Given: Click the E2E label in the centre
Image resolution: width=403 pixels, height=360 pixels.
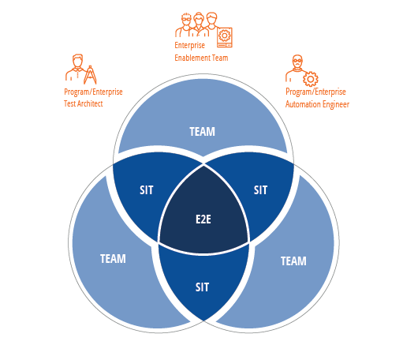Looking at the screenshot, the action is point(203,219).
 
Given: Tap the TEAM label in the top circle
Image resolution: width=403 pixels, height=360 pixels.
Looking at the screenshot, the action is point(202,132).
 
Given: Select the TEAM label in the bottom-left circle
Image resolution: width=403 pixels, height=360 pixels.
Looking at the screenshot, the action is point(113,259).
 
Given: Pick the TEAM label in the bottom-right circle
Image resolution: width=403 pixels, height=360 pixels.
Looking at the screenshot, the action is point(293,261).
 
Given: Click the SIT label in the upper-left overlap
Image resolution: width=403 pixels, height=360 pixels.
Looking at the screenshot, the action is point(146,190).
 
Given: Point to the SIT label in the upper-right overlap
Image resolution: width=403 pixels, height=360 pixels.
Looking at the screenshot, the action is point(260,190).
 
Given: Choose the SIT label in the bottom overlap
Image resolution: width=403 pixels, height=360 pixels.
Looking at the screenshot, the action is point(202,287).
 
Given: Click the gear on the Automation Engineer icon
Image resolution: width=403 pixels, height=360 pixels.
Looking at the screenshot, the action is point(311,79).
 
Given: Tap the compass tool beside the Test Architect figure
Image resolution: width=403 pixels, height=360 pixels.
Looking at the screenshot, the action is point(90,75).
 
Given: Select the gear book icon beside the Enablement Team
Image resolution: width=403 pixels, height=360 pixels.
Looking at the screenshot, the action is point(225,37).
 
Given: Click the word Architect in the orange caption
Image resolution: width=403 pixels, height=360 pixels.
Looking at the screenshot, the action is point(90,103).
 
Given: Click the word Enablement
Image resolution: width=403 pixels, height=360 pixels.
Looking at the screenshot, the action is point(192,58).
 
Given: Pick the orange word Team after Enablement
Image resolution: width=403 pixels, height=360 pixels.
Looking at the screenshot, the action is point(220,58).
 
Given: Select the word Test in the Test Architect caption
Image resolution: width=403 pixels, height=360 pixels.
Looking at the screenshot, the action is point(69,103).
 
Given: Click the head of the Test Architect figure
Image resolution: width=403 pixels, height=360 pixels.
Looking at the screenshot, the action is point(77,61).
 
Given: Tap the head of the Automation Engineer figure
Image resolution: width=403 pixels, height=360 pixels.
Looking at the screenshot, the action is point(297,62).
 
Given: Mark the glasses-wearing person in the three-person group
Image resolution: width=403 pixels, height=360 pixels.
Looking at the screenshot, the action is point(185,25).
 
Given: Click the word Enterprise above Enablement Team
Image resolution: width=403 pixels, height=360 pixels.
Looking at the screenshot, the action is point(189,45).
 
